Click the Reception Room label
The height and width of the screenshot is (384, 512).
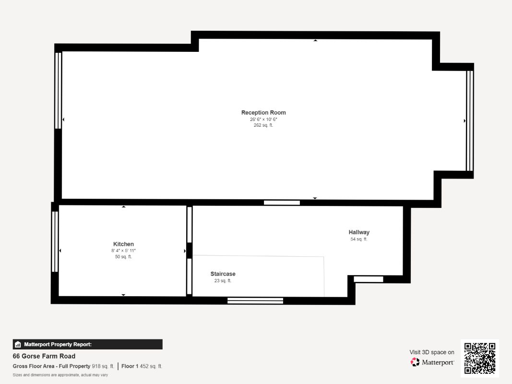tap(263, 113)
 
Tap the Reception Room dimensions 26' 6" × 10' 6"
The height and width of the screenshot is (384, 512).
tap(263, 119)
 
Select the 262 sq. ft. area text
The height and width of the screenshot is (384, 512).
tap(263, 125)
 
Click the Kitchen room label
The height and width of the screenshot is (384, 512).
tap(123, 244)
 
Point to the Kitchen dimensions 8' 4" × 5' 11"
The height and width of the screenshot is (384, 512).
tap(123, 251)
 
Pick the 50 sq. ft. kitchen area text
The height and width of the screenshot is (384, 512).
tap(123, 257)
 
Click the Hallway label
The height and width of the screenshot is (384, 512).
tap(359, 232)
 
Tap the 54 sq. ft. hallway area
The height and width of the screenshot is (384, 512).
tap(359, 239)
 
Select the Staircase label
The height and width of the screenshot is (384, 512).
tap(223, 274)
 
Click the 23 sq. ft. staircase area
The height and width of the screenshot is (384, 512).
tap(223, 281)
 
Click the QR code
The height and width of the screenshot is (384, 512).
tap(480, 359)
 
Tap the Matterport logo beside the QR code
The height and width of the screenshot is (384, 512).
tap(432, 362)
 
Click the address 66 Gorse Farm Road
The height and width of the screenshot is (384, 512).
tap(44, 356)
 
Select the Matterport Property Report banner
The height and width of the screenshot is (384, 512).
tap(87, 344)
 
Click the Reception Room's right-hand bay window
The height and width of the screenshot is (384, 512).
tap(470, 121)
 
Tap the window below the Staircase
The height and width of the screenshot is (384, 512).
tap(255, 301)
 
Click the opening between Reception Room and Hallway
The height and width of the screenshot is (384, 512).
tap(282, 203)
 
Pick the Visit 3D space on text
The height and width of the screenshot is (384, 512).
tap(431, 352)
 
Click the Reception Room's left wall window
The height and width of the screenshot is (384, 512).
tap(59, 90)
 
